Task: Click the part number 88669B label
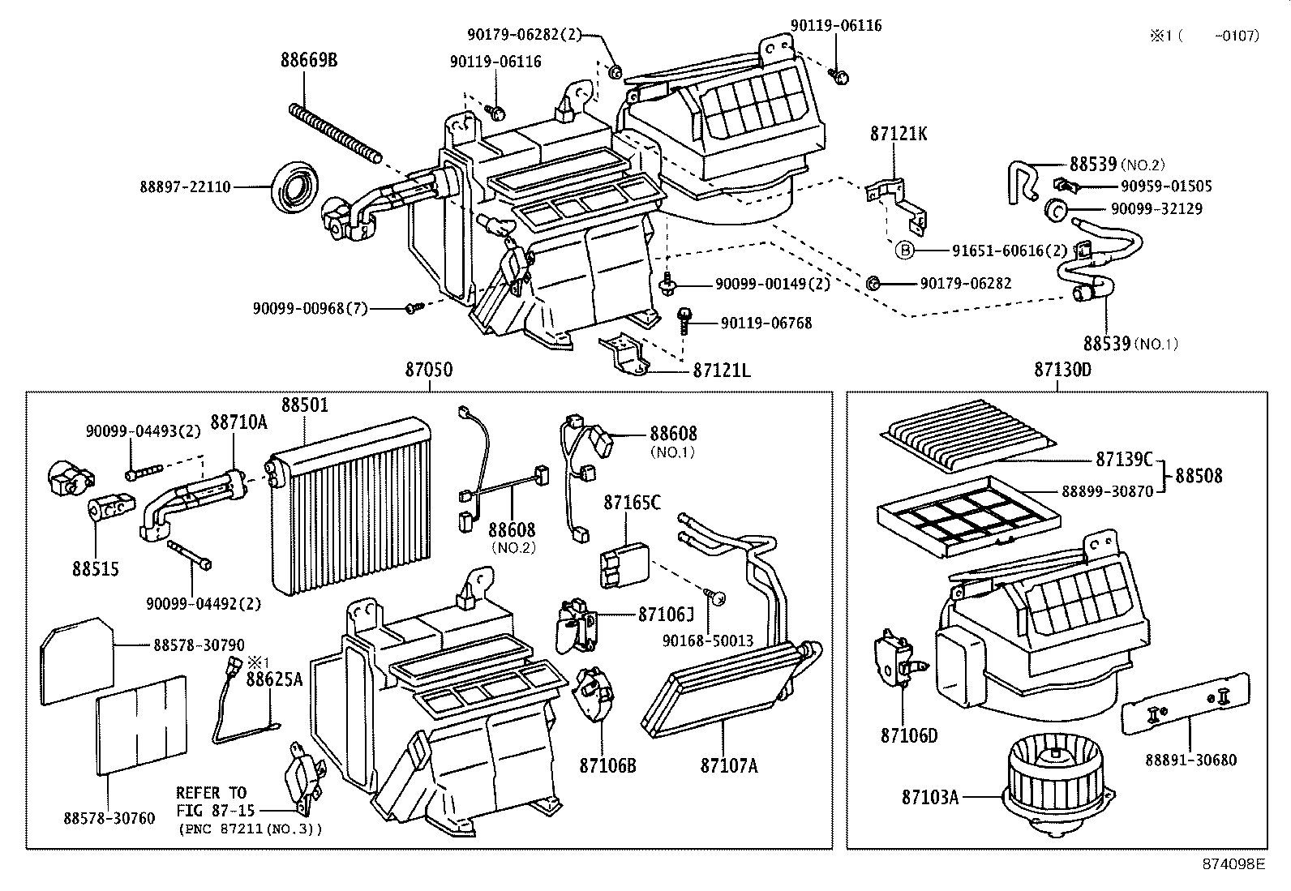click(309, 59)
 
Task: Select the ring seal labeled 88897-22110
click(294, 187)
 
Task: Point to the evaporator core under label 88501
click(351, 505)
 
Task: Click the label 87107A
click(729, 765)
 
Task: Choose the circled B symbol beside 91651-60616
click(905, 251)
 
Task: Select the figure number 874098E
click(1233, 864)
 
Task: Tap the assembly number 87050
click(429, 370)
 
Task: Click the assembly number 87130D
click(1063, 370)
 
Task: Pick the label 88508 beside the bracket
click(1199, 475)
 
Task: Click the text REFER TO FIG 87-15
click(215, 802)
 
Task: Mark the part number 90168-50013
click(708, 640)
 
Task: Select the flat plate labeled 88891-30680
click(1186, 704)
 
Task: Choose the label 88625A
click(274, 679)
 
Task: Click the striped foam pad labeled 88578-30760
click(142, 725)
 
